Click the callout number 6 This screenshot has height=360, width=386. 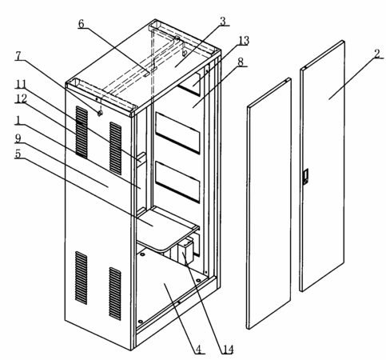pos(81,23)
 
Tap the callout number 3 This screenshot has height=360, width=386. pos(223,22)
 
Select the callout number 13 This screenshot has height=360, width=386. pos(244,41)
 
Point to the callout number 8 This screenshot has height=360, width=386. pos(241,62)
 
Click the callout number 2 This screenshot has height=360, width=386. pos(377,54)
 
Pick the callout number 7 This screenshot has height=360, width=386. pos(18,56)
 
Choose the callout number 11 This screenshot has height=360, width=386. pos(20,85)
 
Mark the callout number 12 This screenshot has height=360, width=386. pos(21,98)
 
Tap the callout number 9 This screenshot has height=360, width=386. pos(18,138)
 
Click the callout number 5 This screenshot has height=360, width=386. pos(18,154)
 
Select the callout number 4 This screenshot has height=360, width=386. pos(199,349)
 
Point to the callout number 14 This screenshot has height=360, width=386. pos(227,350)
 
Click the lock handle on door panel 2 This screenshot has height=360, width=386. pos(306,177)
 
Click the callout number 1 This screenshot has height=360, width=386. pos(18,120)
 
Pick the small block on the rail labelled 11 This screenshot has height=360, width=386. pos(141,158)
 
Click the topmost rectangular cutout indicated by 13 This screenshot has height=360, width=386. pos(189,84)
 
